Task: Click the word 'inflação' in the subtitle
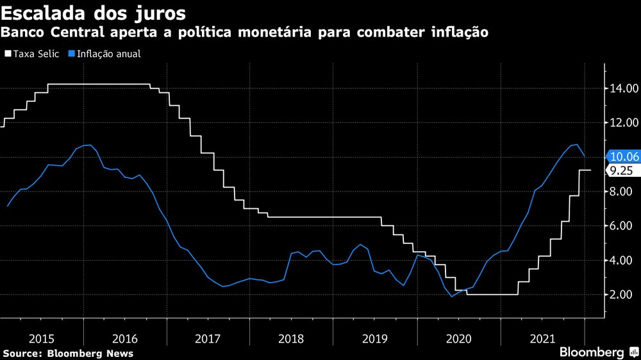click(458, 31)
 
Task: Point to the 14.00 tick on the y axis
click(623, 88)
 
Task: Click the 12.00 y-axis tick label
click(623, 122)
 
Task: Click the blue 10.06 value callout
click(623, 156)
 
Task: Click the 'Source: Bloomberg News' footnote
click(68, 353)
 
